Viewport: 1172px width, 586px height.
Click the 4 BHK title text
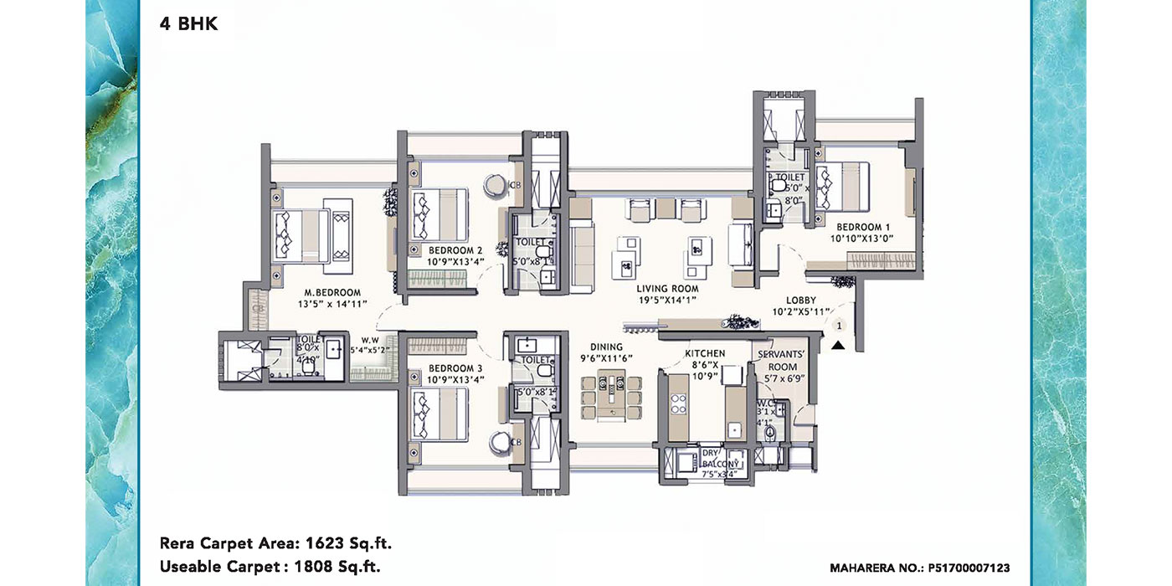click(x=188, y=24)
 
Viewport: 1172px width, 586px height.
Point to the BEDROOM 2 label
click(x=455, y=250)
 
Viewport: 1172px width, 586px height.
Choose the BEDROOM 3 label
click(x=455, y=368)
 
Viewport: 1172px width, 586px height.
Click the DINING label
click(x=606, y=346)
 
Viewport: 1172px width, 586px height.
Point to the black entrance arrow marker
click(x=837, y=342)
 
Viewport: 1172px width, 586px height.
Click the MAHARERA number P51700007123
click(x=965, y=568)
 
